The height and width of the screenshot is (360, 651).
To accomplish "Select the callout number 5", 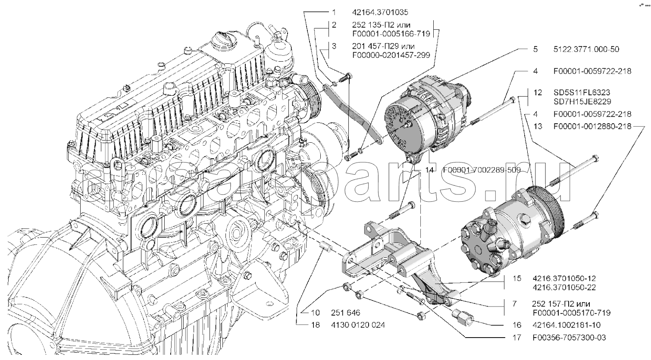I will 535,49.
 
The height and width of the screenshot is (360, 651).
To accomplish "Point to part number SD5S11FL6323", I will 582,93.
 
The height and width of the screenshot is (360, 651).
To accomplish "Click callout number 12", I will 537,93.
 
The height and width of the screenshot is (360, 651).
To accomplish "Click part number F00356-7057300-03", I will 569,338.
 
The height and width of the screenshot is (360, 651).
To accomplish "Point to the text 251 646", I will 345,313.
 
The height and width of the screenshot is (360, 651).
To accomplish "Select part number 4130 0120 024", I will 358,325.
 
